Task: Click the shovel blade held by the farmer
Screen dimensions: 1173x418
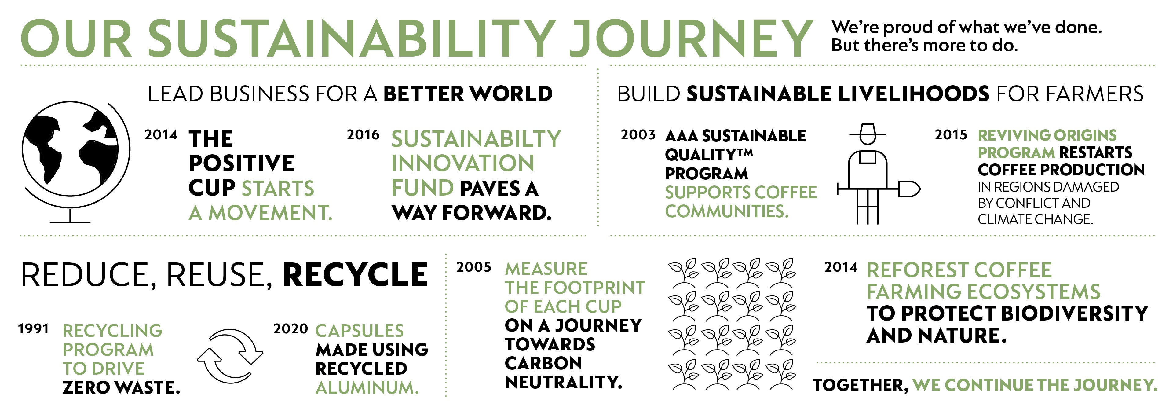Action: point(909,189)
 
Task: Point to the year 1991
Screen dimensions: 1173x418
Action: point(33,329)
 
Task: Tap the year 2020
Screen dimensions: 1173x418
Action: point(291,329)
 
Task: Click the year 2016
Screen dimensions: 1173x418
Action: point(363,135)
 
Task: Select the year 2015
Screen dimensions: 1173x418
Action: point(951,135)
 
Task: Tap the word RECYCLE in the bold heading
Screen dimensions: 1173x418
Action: point(355,275)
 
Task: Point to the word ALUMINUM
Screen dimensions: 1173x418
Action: point(367,388)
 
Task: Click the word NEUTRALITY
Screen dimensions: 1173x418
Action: point(563,383)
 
